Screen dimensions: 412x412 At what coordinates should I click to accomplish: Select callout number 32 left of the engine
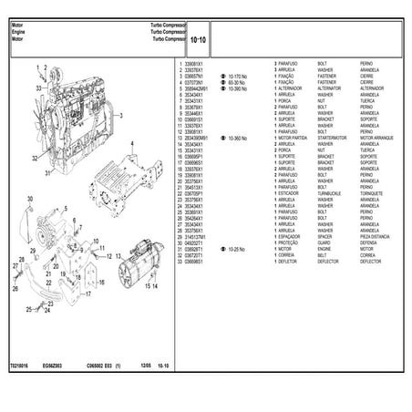click(33, 157)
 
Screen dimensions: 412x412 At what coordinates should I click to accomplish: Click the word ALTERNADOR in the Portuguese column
click(295, 88)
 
